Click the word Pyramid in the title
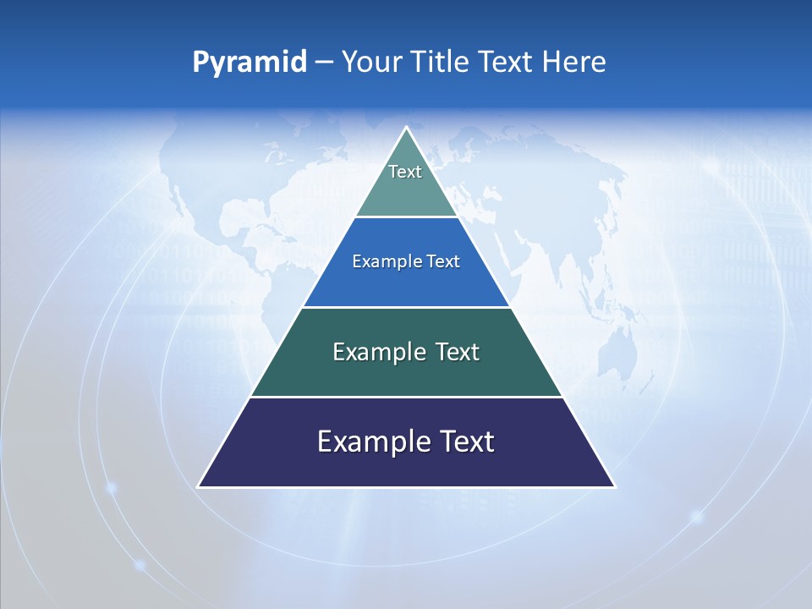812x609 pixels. click(x=249, y=63)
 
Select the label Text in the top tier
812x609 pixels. click(x=405, y=172)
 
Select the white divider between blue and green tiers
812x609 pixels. click(x=406, y=307)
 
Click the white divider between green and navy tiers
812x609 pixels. click(x=406, y=397)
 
